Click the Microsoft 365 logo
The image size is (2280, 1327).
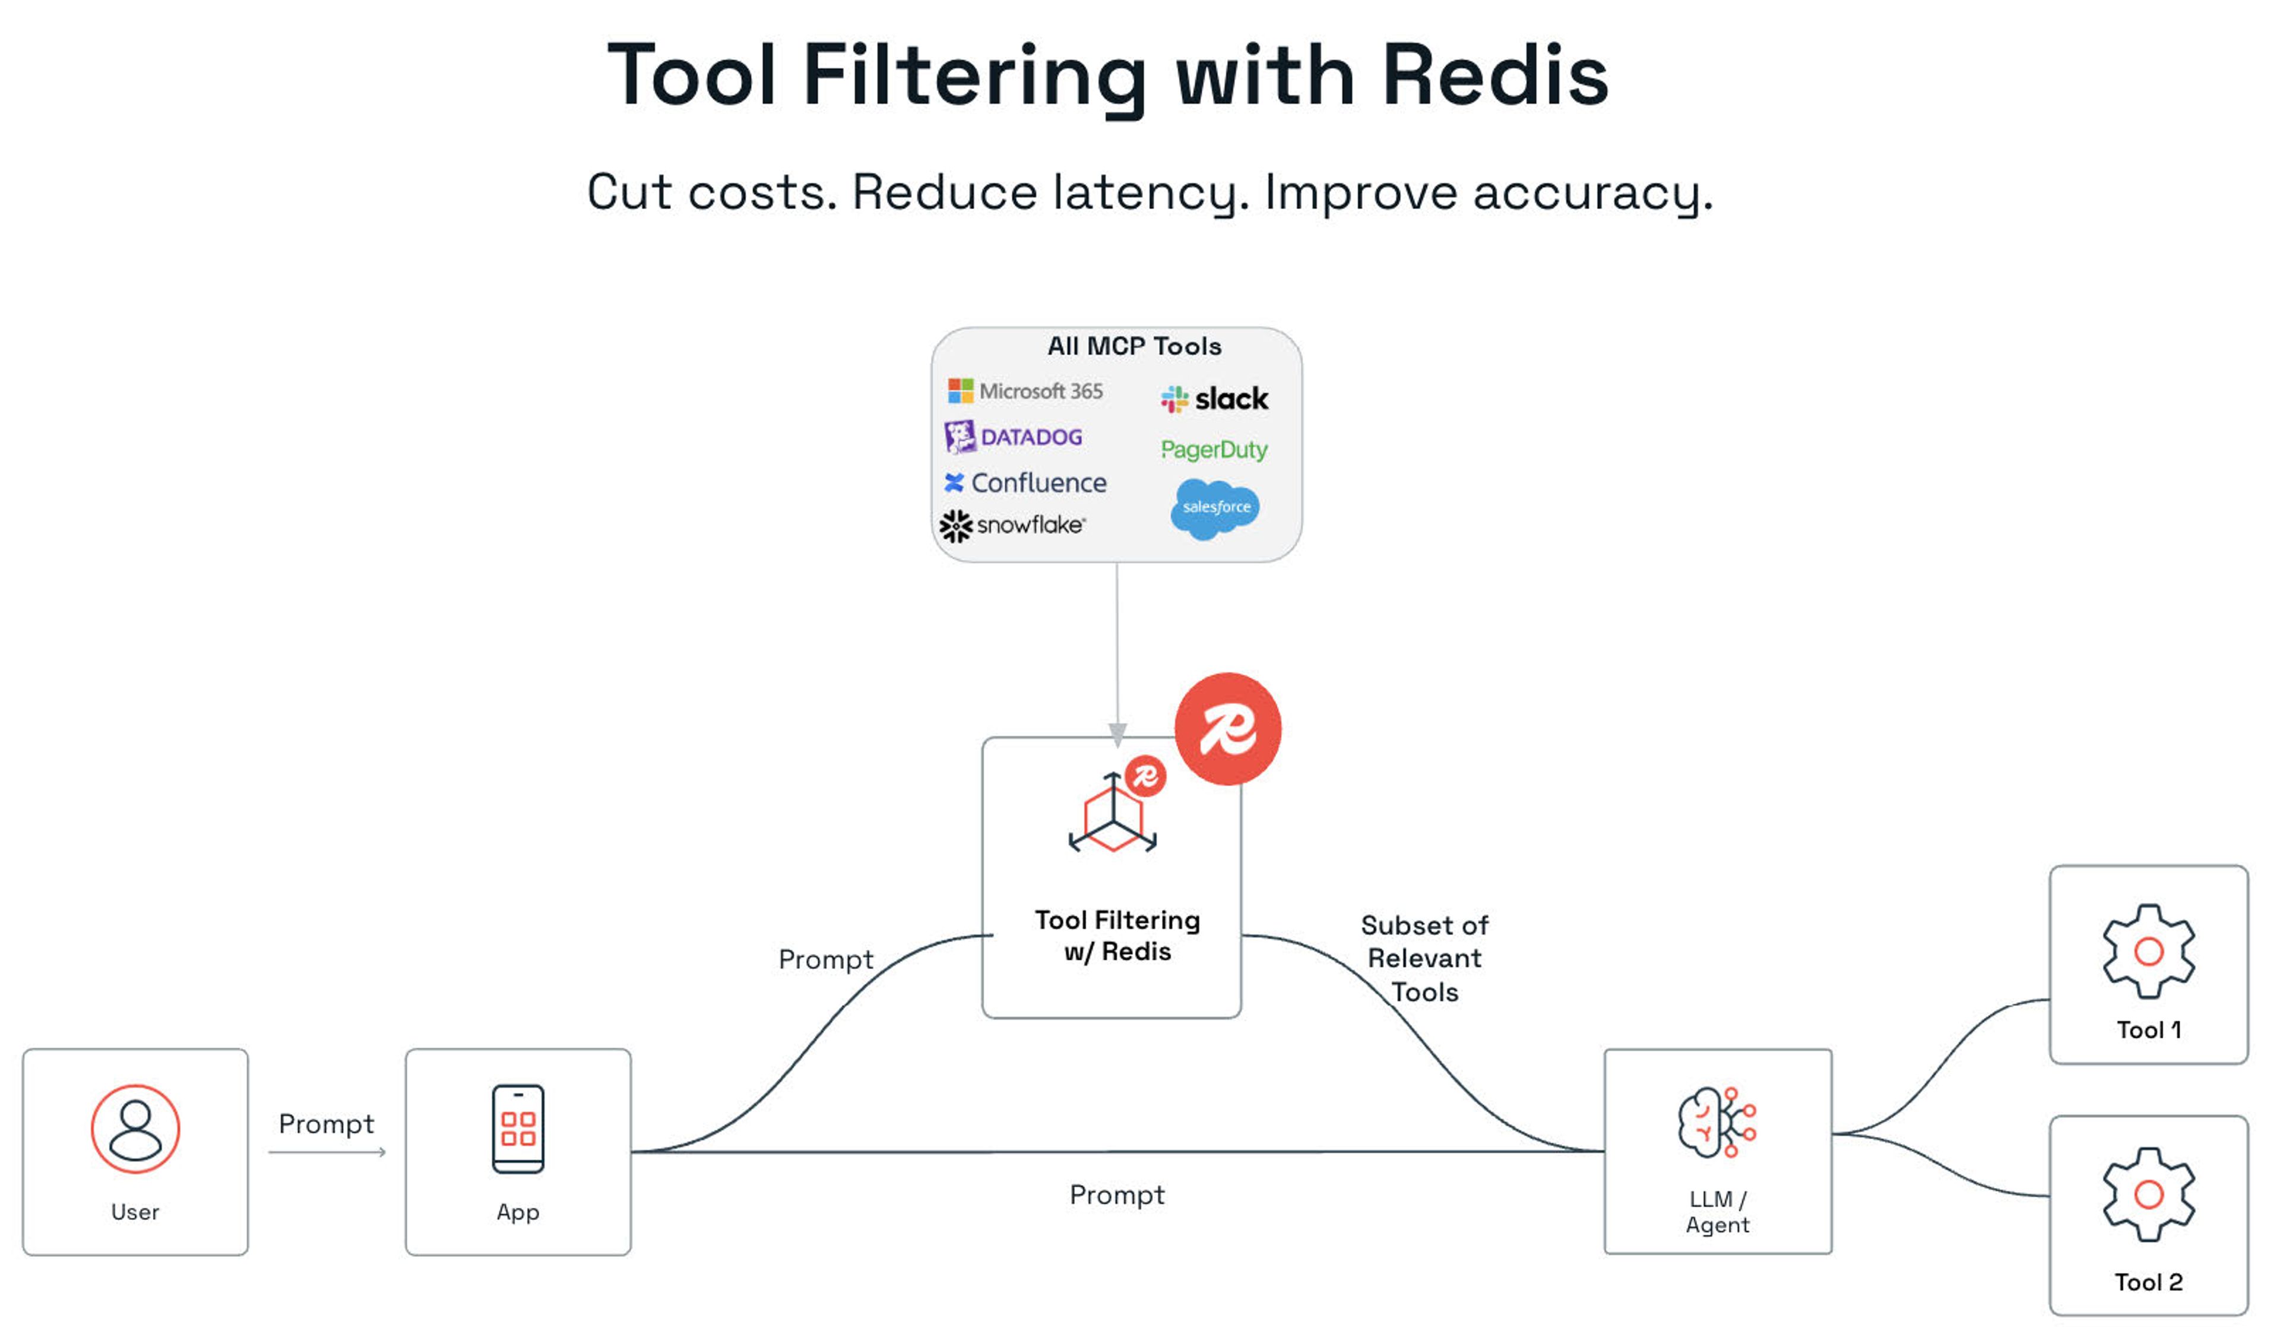(1025, 391)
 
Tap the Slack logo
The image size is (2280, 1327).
(1214, 399)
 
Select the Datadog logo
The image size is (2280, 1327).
(1014, 437)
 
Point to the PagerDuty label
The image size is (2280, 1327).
(1214, 450)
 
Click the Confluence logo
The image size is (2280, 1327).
(1025, 482)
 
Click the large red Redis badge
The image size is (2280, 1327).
(1228, 729)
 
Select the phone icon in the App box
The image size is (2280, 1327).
(518, 1129)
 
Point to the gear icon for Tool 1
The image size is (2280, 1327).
(2149, 952)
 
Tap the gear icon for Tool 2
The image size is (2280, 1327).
(2149, 1195)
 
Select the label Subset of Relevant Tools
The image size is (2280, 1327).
(1425, 959)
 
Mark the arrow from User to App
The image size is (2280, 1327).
(328, 1152)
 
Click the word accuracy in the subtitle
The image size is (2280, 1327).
(1592, 193)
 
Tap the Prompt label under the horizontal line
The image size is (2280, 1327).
(1117, 1195)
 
